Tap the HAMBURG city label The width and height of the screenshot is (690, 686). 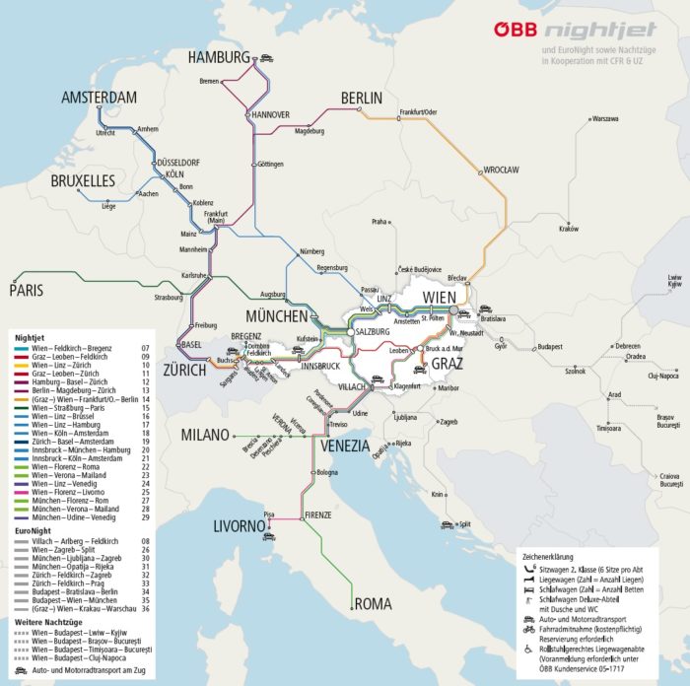point(219,58)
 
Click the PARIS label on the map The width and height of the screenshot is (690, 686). point(29,290)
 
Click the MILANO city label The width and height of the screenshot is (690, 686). point(205,436)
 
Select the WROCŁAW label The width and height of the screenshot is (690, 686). point(500,170)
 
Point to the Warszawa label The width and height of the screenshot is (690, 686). point(604,118)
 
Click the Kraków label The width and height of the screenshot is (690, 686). point(568,229)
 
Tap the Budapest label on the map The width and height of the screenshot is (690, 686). point(555,347)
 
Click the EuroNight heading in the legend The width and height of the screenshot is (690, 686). point(34,529)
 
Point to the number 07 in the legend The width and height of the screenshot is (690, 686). point(145,348)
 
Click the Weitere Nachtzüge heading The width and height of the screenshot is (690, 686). point(50,622)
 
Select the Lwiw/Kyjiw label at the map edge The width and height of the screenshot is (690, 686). point(673,282)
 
